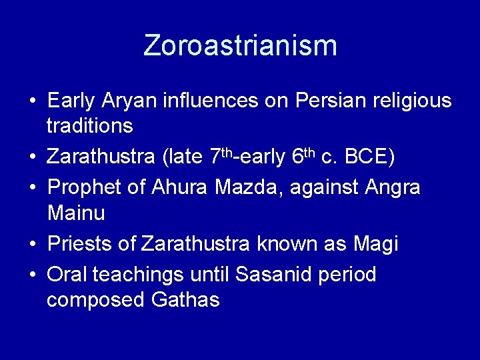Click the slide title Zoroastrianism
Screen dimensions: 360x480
(x=240, y=45)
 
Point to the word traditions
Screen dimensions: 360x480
(x=90, y=126)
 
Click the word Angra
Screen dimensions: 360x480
(x=393, y=189)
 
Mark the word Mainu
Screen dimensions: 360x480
(x=76, y=213)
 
